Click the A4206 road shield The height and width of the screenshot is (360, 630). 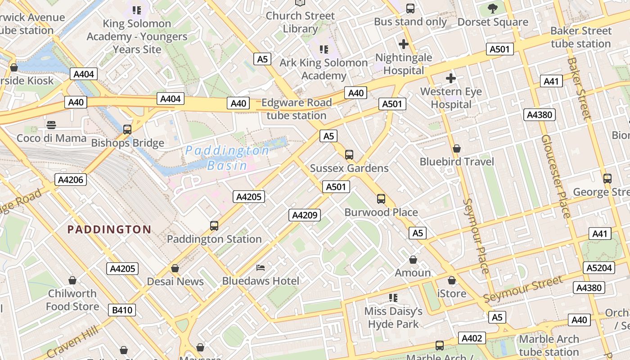click(71, 180)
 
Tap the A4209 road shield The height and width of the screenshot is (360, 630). click(305, 215)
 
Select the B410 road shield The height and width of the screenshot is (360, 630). click(122, 310)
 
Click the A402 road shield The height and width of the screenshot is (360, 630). click(472, 338)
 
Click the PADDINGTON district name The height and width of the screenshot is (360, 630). click(109, 229)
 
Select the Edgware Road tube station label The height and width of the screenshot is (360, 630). click(297, 109)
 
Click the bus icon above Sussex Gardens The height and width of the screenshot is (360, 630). click(349, 155)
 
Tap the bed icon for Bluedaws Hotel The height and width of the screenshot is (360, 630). click(261, 268)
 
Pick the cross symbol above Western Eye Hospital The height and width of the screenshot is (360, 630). click(450, 78)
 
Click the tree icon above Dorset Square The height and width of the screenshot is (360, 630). click(493, 8)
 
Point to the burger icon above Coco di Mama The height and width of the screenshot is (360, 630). click(51, 125)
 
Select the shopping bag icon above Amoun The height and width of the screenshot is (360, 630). click(413, 260)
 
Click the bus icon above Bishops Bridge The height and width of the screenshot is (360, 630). click(127, 130)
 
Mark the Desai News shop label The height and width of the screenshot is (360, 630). click(175, 282)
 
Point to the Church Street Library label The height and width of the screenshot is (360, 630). click(300, 22)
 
